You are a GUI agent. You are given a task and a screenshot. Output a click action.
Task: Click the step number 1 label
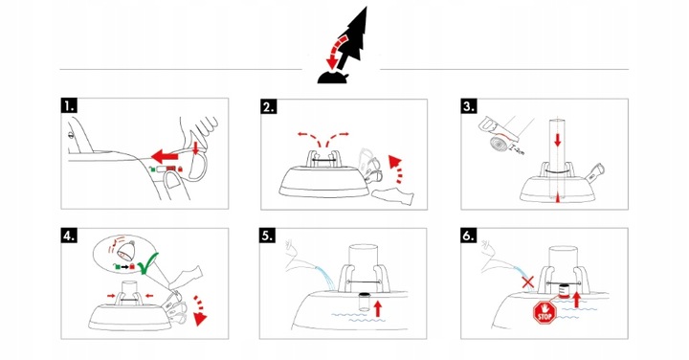point(70,106)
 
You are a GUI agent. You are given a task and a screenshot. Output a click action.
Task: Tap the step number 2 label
point(269,107)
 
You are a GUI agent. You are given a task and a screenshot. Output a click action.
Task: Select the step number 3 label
point(469,106)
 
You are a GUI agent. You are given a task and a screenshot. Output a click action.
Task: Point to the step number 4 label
point(69,236)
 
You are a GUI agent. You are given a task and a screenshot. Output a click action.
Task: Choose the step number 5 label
point(268,236)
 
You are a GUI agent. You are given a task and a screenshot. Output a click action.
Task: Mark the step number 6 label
point(469,236)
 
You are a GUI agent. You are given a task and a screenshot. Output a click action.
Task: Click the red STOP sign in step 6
point(545,312)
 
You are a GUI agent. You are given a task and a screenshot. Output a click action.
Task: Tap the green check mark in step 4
point(148,262)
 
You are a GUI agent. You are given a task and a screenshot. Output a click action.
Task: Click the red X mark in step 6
point(527,281)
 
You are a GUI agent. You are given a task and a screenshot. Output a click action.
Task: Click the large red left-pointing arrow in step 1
point(166,156)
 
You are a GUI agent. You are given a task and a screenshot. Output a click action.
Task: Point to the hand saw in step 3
point(498,129)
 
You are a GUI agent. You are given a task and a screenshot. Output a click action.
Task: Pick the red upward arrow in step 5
point(377,307)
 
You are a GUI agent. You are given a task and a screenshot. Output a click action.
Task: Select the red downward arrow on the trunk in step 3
point(557,140)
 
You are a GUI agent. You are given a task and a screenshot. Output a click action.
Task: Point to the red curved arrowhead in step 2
point(395,161)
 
